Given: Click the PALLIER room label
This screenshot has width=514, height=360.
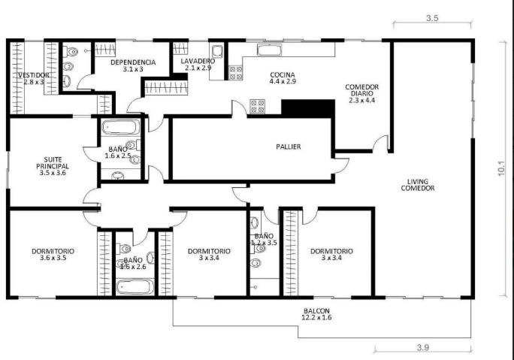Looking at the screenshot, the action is [x=289, y=147].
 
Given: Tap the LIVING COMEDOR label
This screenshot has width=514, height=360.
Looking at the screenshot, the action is [x=418, y=185].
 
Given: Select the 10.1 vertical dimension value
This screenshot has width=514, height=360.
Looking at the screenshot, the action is [x=501, y=169].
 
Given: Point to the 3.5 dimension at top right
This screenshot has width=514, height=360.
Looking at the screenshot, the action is [x=432, y=18].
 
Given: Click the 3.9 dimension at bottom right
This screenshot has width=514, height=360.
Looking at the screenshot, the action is [x=423, y=347].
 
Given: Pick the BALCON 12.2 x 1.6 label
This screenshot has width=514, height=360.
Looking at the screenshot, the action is [x=316, y=314].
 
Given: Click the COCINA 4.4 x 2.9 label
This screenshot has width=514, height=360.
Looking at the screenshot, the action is [x=283, y=78].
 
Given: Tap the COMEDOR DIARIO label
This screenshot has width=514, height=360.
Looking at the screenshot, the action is [x=362, y=93].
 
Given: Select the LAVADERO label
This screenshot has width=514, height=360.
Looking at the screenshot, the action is [x=198, y=62].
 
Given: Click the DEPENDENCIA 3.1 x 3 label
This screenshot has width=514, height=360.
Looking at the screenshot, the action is [x=133, y=65].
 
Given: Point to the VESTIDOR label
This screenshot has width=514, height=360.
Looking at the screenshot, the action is [x=33, y=75].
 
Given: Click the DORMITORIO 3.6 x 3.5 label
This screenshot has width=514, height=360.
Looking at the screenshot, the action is [x=53, y=255].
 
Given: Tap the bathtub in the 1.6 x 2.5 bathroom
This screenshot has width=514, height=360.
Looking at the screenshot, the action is [x=121, y=127].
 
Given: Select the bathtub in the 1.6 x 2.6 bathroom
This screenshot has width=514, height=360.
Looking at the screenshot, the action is [x=135, y=288].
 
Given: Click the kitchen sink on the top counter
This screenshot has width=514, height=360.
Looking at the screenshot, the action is [x=269, y=50].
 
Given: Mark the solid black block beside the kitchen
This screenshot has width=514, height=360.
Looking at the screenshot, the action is [x=308, y=108].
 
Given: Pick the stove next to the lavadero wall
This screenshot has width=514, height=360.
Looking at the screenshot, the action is [x=236, y=73].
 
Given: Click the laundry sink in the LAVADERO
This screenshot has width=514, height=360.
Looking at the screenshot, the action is [x=217, y=52].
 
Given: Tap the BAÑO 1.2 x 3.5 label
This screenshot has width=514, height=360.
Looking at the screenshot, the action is [x=265, y=239].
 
